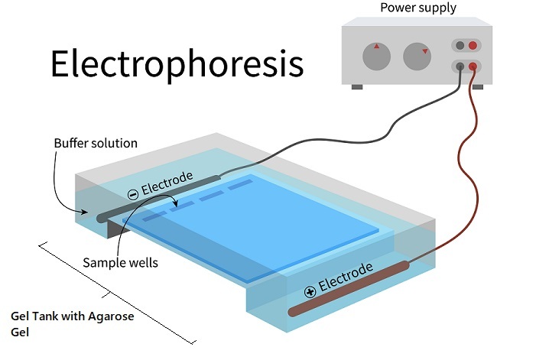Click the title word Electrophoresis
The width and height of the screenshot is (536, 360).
[177, 65]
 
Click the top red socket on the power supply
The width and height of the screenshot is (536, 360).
[473, 46]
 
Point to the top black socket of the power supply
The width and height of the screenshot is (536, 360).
[459, 46]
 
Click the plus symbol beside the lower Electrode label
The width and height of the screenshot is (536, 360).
[310, 290]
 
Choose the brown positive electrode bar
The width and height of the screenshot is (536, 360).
[352, 287]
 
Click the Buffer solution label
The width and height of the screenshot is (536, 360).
[96, 143]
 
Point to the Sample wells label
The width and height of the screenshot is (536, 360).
[120, 263]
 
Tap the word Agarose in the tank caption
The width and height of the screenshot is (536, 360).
[111, 316]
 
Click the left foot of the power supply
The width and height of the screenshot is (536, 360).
[357, 86]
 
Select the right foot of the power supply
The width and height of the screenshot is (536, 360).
[478, 86]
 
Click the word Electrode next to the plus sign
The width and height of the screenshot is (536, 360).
[346, 277]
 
